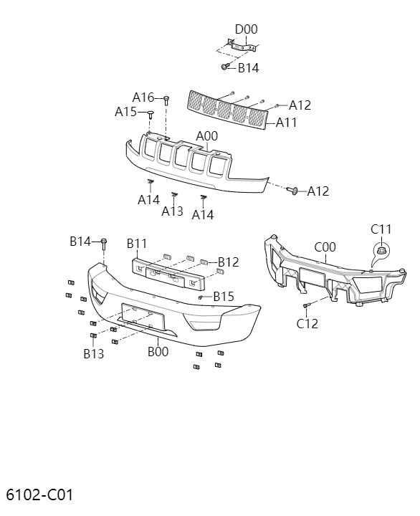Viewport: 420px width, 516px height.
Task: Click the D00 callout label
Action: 246,29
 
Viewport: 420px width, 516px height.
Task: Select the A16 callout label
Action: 143,97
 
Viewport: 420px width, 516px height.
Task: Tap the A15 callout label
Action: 126,112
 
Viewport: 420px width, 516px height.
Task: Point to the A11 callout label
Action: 286,123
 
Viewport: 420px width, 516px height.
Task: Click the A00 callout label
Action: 206,136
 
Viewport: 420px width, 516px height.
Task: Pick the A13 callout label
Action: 173,211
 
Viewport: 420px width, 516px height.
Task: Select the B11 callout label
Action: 137,244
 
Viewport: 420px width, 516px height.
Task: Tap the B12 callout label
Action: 228,262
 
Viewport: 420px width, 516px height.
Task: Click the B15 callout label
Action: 224,296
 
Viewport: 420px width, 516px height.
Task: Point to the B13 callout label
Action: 93,353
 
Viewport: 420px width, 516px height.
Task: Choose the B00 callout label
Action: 158,351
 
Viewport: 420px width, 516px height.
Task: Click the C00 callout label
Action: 325,247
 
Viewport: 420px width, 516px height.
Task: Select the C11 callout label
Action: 381,229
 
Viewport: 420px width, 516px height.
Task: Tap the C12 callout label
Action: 307,323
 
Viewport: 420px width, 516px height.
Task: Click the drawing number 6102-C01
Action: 39,494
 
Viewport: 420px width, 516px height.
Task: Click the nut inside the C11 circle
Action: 381,251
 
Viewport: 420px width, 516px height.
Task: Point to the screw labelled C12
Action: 306,306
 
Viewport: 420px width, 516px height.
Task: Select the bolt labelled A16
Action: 166,98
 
